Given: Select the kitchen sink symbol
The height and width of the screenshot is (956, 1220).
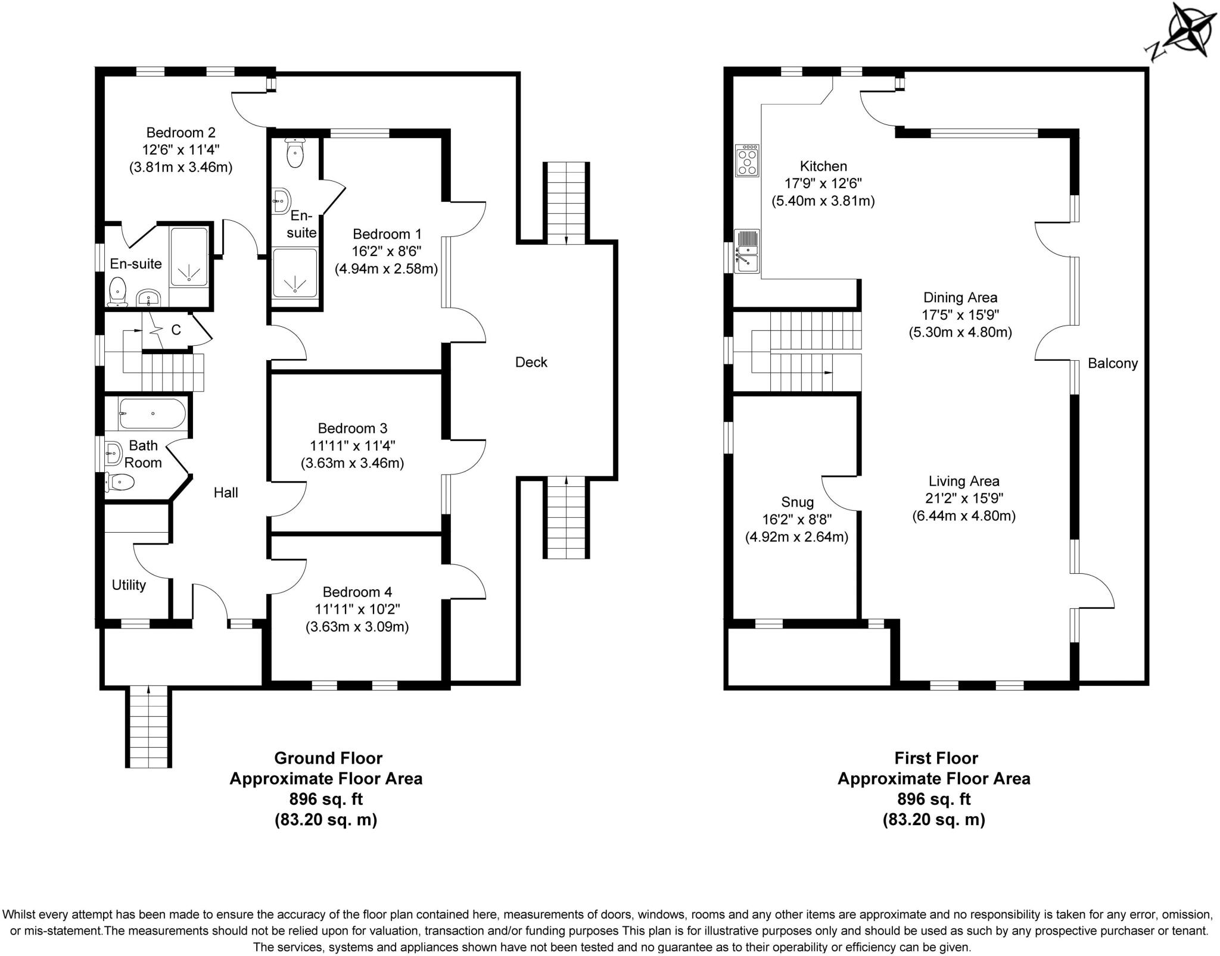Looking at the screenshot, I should (x=746, y=251).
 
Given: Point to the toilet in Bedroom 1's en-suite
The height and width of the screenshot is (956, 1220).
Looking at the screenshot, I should (x=295, y=153).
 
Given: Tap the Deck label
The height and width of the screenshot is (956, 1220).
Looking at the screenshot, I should (x=531, y=362).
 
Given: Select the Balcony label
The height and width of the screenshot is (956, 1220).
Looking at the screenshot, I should (x=1112, y=363).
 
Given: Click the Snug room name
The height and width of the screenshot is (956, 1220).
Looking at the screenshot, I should (x=797, y=502).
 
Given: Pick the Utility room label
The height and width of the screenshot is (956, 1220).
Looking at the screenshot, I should (x=129, y=585).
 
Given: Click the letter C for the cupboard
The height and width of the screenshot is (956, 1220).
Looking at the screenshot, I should (x=176, y=330).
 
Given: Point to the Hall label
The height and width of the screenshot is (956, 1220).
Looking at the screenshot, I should (x=226, y=492).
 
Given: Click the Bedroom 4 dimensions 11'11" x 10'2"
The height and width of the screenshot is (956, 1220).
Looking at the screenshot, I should (x=357, y=609).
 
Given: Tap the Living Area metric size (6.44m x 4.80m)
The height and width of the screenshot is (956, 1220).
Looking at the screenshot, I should (x=963, y=516).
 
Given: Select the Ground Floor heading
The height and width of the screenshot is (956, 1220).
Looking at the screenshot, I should (x=328, y=758).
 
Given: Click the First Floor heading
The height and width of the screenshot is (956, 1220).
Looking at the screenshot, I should (x=936, y=758).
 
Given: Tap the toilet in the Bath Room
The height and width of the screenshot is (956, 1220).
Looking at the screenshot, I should (x=119, y=482).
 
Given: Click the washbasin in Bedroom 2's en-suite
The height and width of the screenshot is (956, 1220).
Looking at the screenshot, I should (x=148, y=296).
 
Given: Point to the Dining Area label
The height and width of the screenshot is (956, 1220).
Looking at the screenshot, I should (x=960, y=297).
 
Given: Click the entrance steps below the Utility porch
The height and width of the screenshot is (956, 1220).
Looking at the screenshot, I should (x=149, y=726).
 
